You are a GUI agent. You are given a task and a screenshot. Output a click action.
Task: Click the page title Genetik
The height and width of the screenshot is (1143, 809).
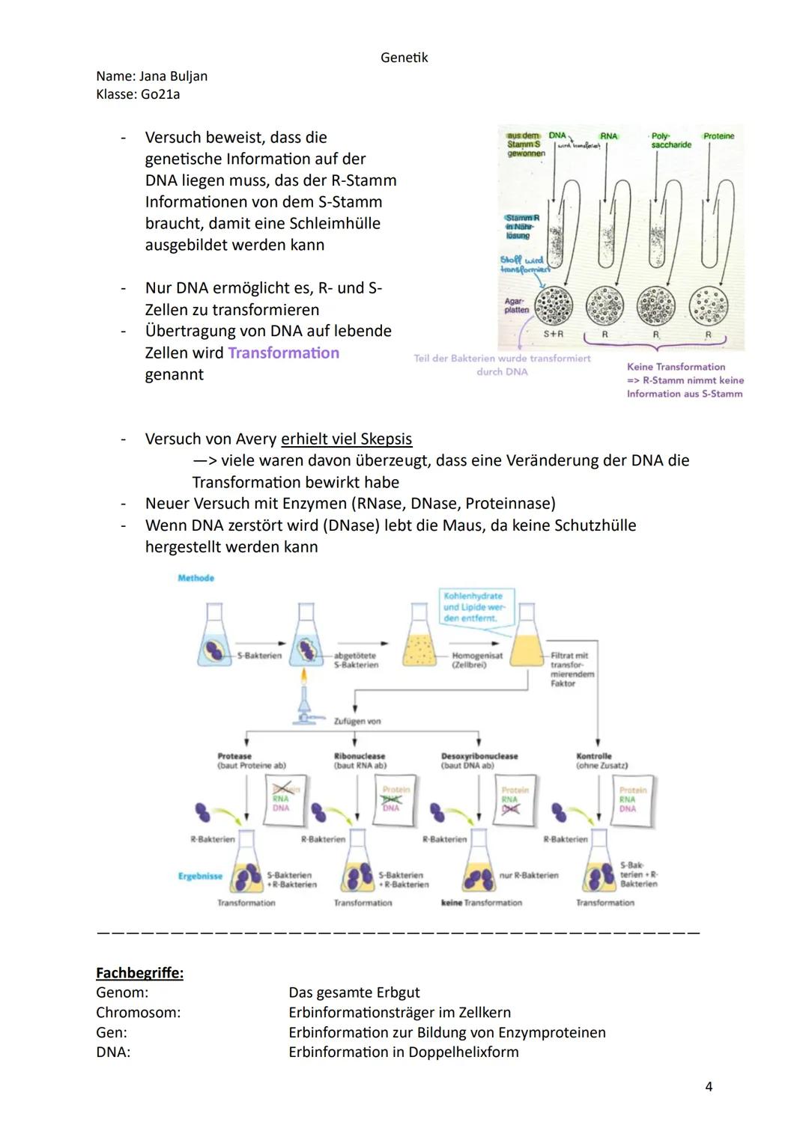[404, 58]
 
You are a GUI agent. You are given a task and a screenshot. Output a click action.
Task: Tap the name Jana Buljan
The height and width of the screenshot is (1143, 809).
[173, 76]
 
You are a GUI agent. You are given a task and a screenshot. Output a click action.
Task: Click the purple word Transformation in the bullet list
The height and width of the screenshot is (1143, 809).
[283, 353]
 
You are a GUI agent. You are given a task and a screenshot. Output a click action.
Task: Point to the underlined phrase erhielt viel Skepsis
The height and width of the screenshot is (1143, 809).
[346, 439]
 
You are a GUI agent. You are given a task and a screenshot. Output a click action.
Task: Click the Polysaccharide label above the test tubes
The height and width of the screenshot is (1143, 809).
[670, 141]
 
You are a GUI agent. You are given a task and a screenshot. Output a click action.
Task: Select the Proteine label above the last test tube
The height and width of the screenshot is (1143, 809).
[718, 136]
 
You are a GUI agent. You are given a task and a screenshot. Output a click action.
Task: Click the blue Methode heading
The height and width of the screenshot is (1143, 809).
[196, 578]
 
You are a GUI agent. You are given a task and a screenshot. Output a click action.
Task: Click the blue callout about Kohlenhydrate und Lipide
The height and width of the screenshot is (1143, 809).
[475, 607]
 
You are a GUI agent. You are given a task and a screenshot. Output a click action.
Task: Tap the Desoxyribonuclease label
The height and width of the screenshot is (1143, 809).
[479, 757]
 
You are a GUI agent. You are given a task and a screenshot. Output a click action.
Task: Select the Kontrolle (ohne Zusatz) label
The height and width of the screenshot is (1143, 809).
[602, 761]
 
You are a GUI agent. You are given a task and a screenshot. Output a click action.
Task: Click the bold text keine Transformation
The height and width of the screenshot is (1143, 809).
[482, 903]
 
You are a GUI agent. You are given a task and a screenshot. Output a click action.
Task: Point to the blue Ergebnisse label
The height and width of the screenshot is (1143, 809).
[200, 876]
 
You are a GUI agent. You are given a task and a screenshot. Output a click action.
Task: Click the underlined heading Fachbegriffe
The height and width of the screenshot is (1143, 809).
[139, 973]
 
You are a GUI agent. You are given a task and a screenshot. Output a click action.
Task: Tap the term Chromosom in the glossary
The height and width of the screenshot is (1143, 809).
[138, 1013]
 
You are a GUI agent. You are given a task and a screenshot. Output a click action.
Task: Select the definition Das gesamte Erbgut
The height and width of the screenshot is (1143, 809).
[354, 993]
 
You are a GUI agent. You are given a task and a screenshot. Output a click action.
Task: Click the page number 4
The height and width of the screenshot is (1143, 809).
[709, 1086]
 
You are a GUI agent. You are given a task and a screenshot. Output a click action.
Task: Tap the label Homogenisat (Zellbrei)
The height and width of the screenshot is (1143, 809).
[477, 660]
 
